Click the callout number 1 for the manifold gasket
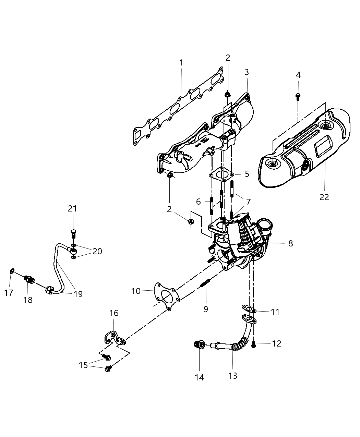[x=181, y=63]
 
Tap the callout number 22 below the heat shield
[x=324, y=197]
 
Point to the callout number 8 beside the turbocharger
[x=290, y=243]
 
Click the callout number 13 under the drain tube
[x=232, y=376]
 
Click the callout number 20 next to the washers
[x=97, y=251]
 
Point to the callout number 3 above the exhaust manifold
[x=247, y=72]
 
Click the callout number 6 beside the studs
[x=198, y=202]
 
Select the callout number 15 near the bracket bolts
[x=83, y=365]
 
